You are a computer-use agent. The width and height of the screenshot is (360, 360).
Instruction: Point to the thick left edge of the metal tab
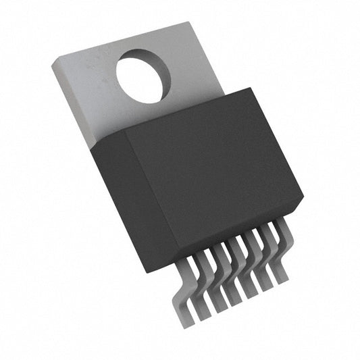71,101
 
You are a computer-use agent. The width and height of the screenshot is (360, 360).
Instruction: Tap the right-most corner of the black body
303,200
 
